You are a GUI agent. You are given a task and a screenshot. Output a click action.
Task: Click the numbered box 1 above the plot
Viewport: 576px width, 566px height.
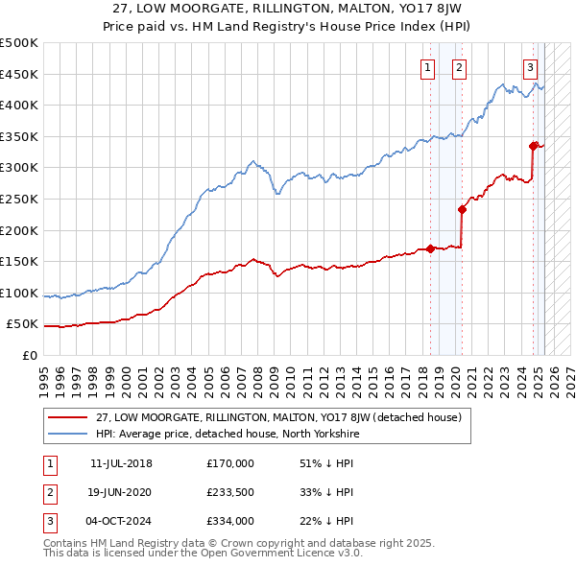click(x=426, y=67)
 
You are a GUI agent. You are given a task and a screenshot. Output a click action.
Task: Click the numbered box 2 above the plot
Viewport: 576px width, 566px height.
click(x=460, y=67)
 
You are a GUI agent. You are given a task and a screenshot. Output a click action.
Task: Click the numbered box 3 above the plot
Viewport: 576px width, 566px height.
click(x=530, y=67)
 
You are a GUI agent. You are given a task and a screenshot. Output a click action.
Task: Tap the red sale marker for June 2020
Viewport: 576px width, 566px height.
click(x=462, y=209)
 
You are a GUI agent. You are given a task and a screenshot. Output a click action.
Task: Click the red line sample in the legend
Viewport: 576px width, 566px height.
click(x=67, y=417)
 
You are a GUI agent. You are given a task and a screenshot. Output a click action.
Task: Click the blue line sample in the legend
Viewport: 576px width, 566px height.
click(x=67, y=434)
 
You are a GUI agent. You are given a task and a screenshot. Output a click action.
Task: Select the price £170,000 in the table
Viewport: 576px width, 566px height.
click(x=230, y=463)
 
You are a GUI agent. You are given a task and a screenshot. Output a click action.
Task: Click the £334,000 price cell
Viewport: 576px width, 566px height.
click(x=230, y=521)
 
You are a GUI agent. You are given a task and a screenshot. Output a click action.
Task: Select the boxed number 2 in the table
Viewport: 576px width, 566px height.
click(x=49, y=492)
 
